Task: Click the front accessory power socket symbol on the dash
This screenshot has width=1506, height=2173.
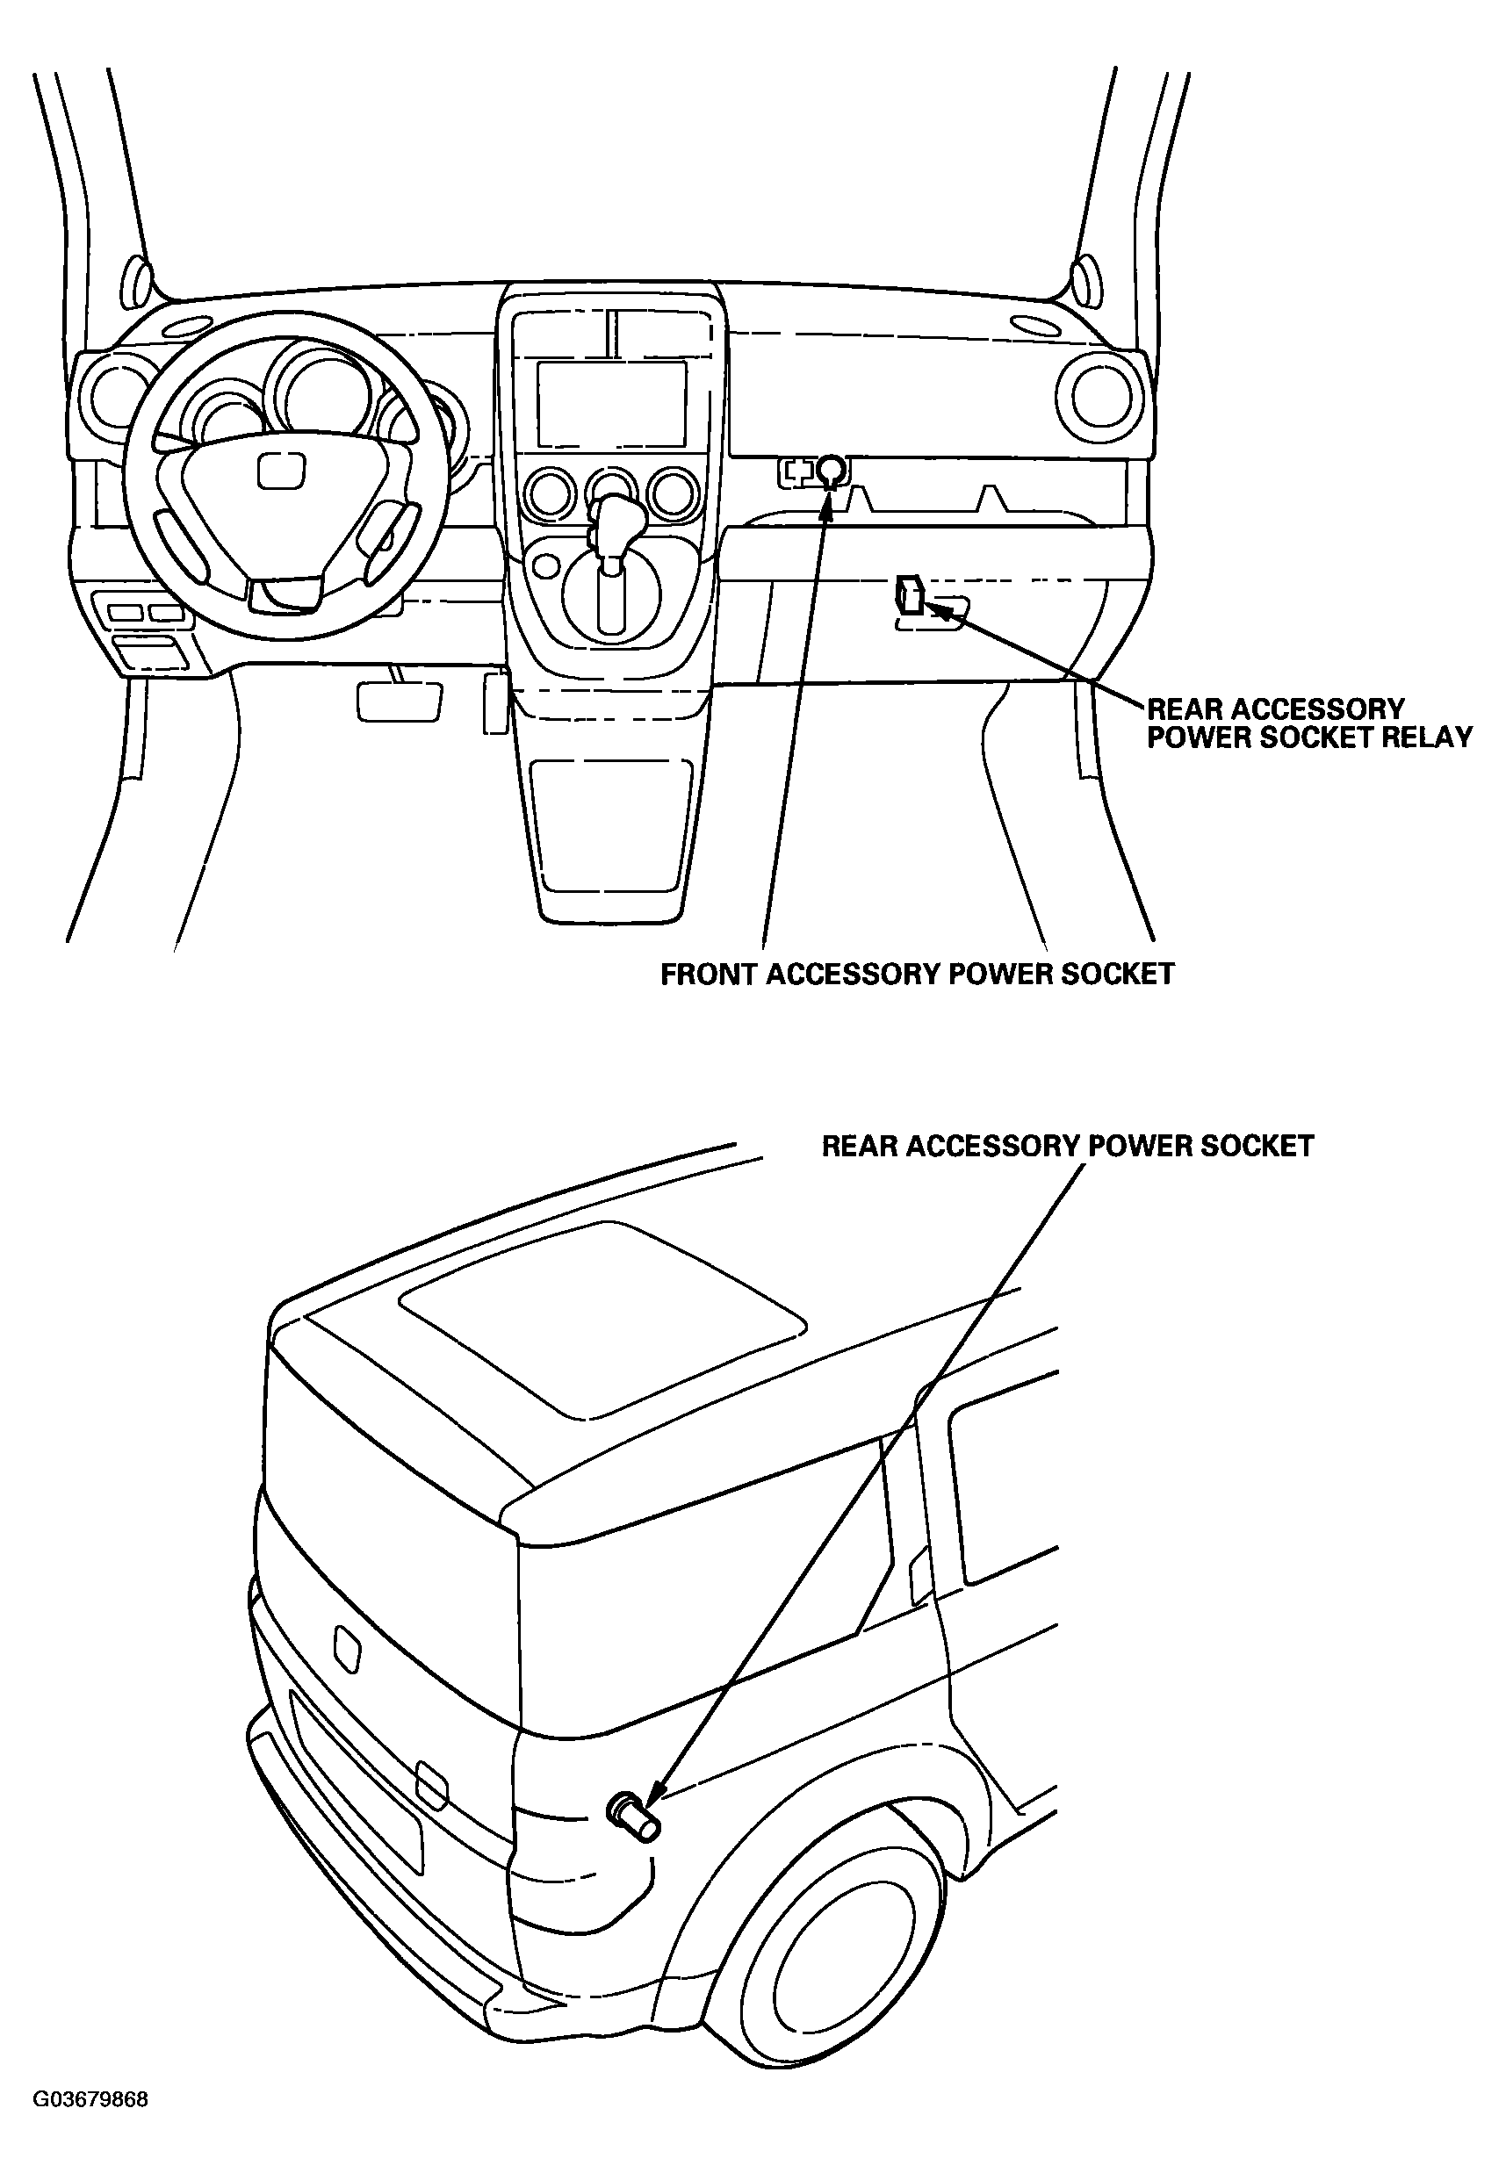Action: pos(831,468)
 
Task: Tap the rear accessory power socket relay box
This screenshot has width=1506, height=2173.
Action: pos(911,595)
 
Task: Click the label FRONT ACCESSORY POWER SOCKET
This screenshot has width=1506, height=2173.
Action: pos(917,974)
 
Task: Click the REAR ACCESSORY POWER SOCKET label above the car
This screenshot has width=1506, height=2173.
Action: pos(1068,1146)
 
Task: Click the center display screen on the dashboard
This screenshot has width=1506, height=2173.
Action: pos(611,404)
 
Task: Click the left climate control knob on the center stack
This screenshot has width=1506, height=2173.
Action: pos(549,493)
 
